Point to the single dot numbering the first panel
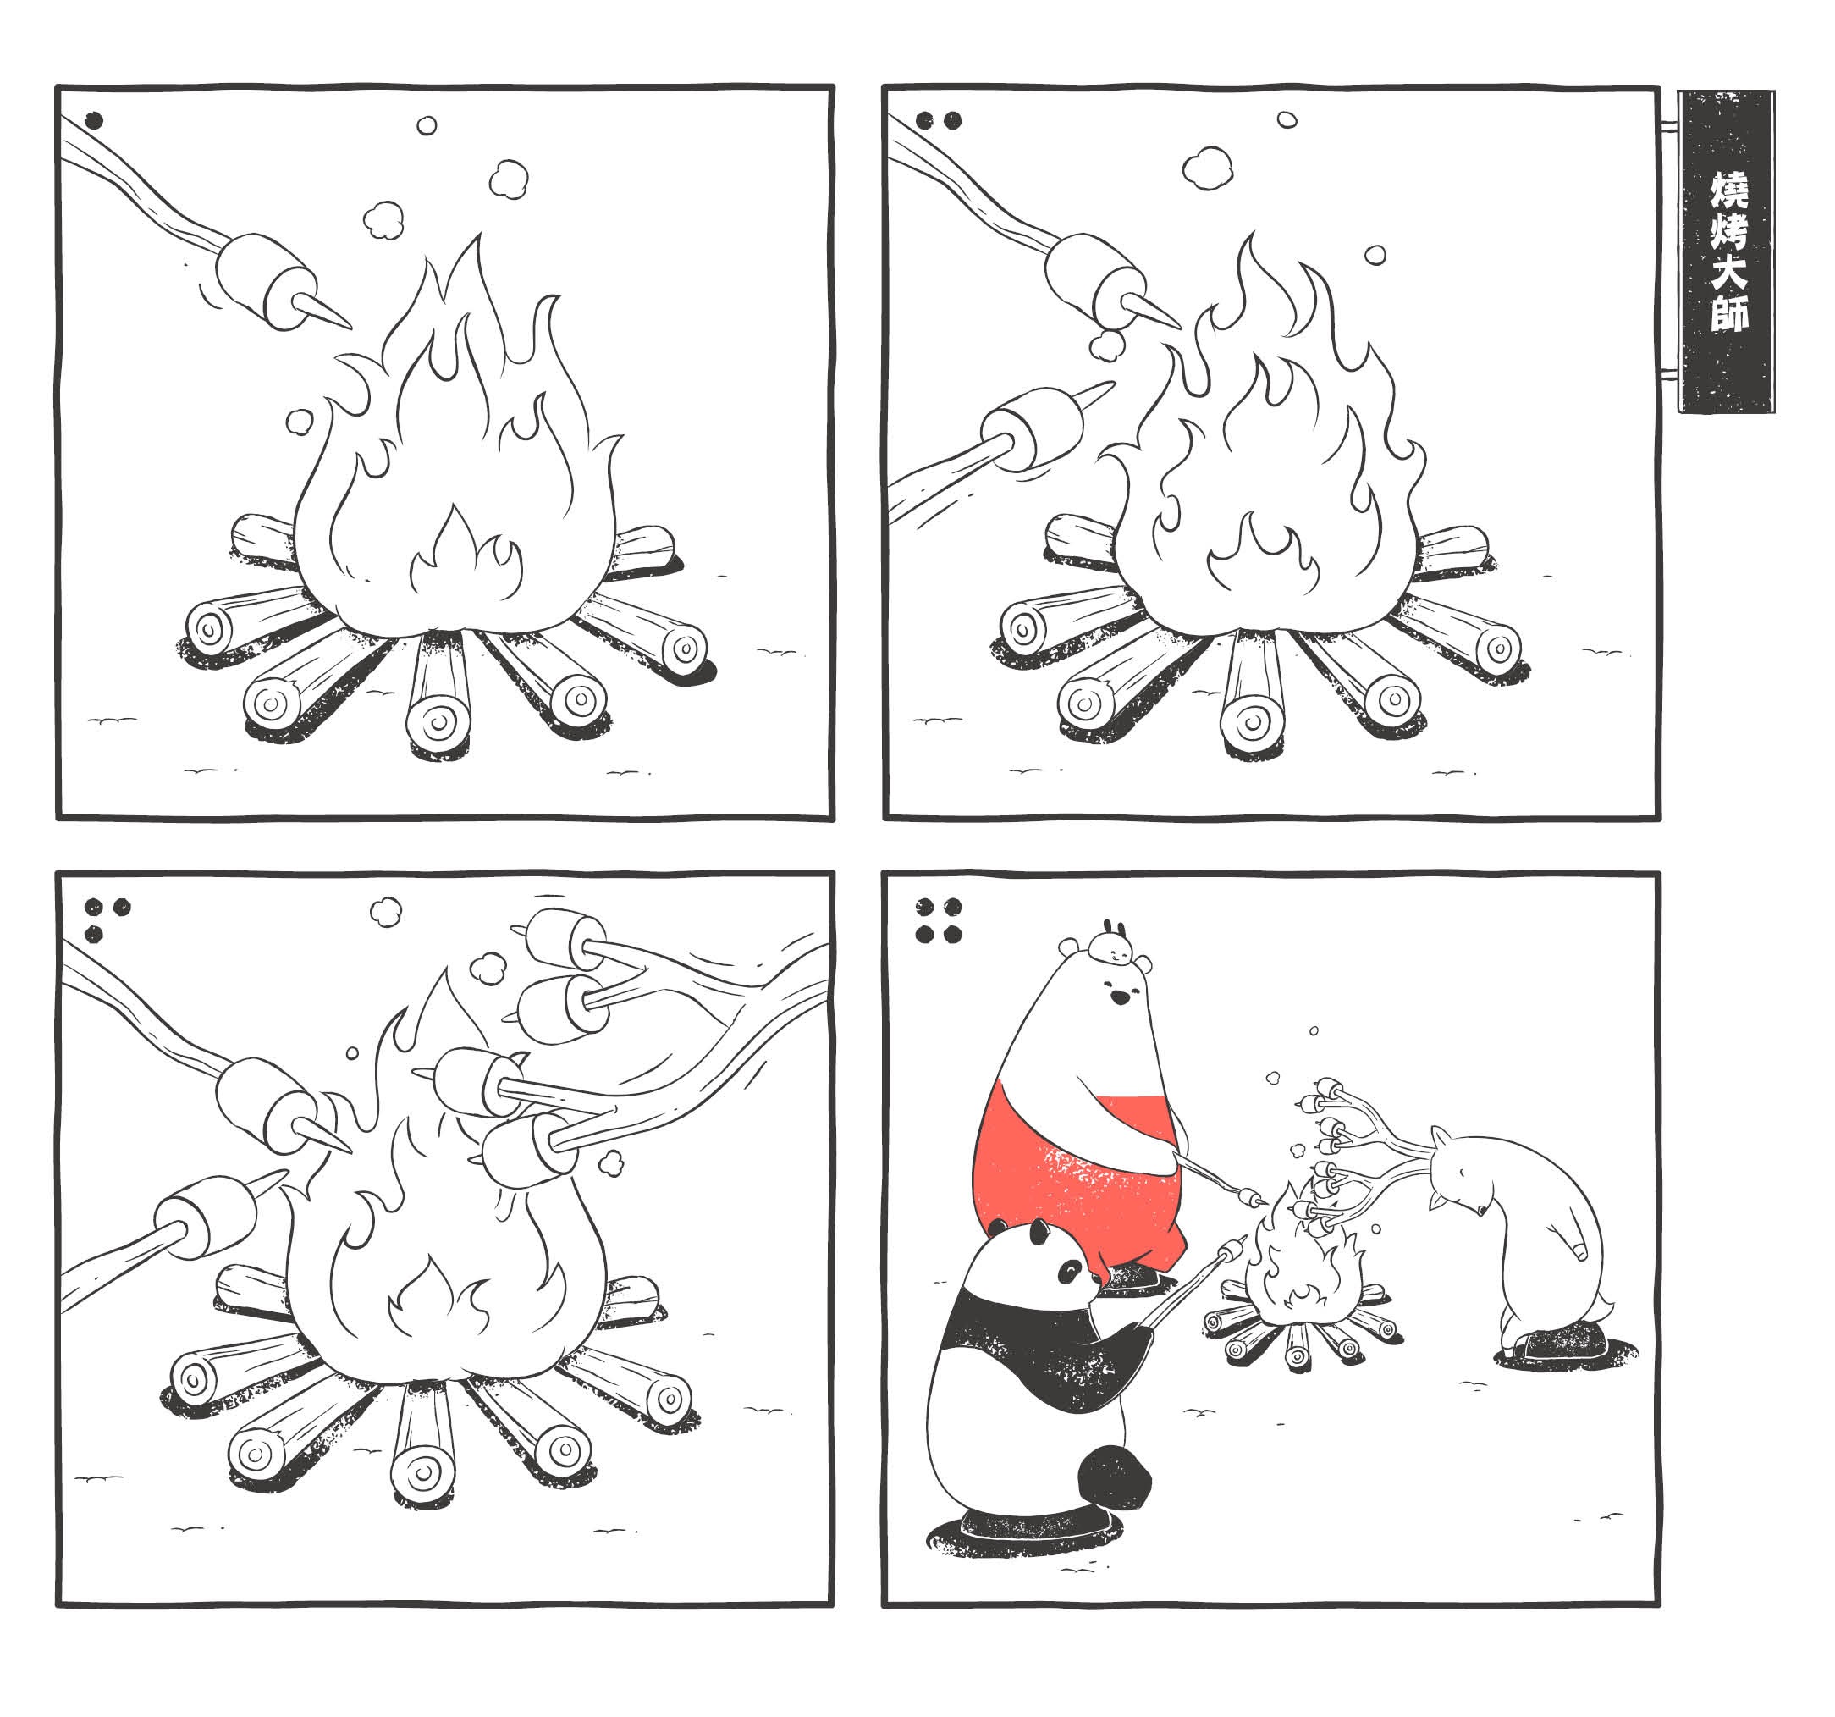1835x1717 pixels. (93, 121)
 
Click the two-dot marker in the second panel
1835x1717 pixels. (939, 120)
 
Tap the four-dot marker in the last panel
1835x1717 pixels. (939, 920)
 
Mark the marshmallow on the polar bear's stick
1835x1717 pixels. (1253, 1199)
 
